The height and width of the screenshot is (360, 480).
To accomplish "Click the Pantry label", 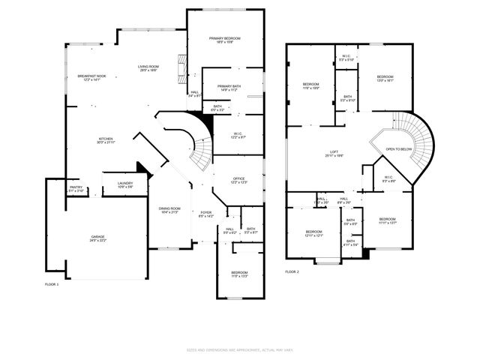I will point(76,188).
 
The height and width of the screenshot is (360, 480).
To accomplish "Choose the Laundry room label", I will point(125,184).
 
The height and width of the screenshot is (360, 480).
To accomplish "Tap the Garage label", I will point(94,238).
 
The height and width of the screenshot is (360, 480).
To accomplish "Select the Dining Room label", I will point(169,209).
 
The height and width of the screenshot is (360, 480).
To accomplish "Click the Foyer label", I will point(205,214).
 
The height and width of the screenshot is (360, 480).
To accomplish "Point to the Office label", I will point(238,180).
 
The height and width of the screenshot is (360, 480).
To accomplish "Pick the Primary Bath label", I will point(229,88).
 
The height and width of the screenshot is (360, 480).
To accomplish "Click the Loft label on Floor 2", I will point(334,153).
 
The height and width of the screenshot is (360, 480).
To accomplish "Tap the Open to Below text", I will point(398,149).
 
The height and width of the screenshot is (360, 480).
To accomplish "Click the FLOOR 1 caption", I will point(52,284).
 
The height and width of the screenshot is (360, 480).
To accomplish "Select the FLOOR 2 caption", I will point(292,271).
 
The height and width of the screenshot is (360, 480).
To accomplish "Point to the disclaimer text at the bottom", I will point(239,349).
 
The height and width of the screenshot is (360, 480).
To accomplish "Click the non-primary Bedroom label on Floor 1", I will point(239,274).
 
